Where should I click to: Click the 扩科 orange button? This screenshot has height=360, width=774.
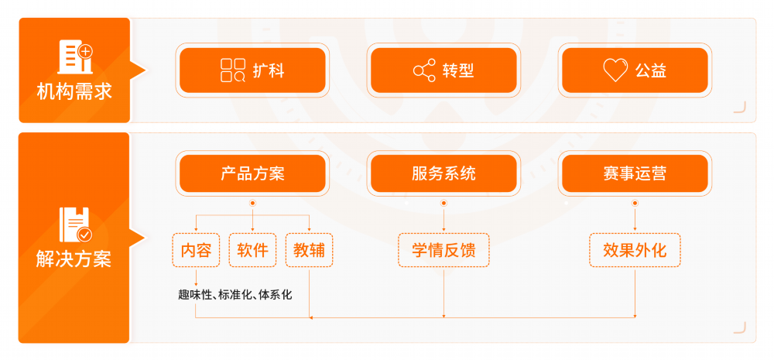[252, 70]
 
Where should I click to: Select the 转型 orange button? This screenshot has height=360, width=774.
[444, 70]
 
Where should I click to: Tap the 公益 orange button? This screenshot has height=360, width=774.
[635, 70]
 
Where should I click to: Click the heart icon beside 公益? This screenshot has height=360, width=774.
[615, 70]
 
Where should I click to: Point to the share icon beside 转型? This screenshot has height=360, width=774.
[424, 70]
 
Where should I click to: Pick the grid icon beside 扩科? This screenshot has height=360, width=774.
[232, 70]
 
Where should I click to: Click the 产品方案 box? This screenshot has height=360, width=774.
[252, 173]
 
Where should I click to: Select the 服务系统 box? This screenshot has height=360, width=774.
[444, 173]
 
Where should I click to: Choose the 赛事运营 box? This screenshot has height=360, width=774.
[635, 173]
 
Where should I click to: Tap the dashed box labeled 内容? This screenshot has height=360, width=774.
[196, 250]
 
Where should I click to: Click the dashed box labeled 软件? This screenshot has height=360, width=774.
[252, 250]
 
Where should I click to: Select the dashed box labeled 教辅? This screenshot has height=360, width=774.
[309, 250]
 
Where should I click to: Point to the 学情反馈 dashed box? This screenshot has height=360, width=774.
[444, 250]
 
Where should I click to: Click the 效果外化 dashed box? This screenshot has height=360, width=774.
[635, 250]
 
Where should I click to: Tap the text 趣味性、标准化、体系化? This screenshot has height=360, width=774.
[235, 294]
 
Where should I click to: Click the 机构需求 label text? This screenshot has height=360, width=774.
[74, 92]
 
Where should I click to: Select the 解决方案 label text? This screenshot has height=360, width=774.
[74, 259]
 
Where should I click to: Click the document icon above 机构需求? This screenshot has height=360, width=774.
[74, 57]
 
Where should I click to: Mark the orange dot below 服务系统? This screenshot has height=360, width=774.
[444, 203]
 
